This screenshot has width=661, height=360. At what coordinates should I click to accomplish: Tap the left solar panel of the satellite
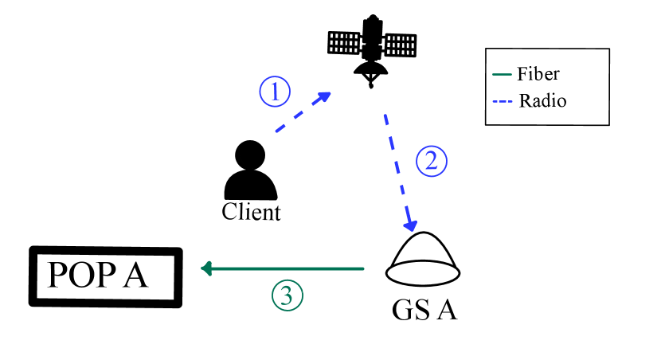(346, 42)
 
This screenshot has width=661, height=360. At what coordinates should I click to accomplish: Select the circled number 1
(275, 92)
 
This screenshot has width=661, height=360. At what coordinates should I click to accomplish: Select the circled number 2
(432, 162)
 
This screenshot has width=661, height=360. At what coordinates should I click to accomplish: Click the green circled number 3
(287, 295)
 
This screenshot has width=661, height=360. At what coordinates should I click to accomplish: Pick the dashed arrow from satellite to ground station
(399, 171)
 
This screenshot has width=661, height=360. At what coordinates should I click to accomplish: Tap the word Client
(251, 213)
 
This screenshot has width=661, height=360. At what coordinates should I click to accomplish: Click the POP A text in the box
(98, 275)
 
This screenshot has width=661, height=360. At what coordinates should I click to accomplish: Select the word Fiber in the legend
(538, 75)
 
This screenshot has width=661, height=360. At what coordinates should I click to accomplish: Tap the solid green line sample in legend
(502, 76)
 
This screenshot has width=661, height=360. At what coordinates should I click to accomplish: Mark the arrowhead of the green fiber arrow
(205, 269)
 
